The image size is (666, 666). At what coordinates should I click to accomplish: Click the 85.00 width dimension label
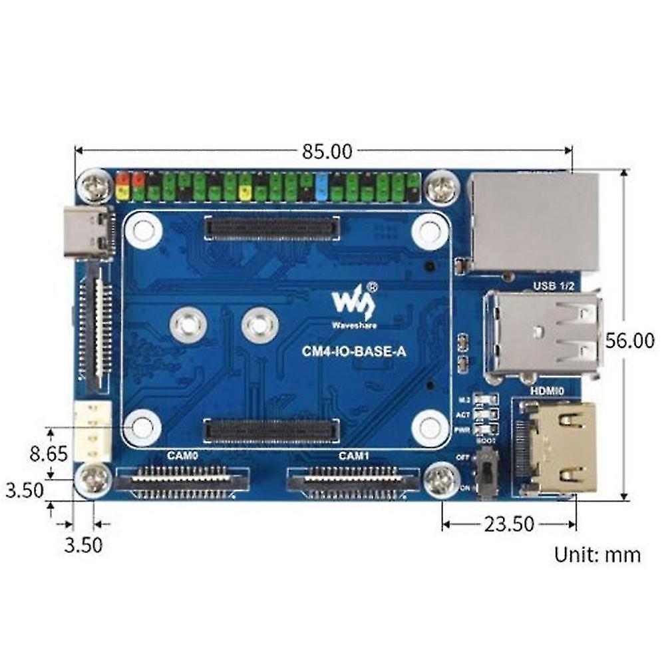(327, 152)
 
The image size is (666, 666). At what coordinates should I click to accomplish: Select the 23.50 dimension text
(510, 524)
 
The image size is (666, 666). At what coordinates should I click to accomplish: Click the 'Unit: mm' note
(597, 554)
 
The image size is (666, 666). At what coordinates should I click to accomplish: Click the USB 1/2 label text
(552, 286)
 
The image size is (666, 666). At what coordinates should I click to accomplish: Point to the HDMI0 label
(548, 393)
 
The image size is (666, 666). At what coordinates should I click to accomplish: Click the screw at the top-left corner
(94, 186)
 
